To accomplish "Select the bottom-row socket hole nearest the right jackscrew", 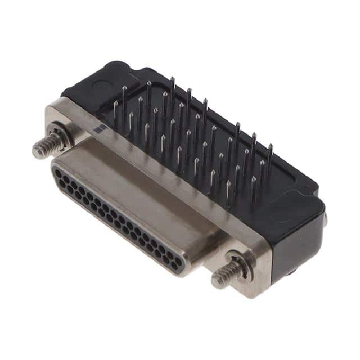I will click(177, 269).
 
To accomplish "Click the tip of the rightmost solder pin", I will click(271, 146).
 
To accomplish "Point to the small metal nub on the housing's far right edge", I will click(325, 219).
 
